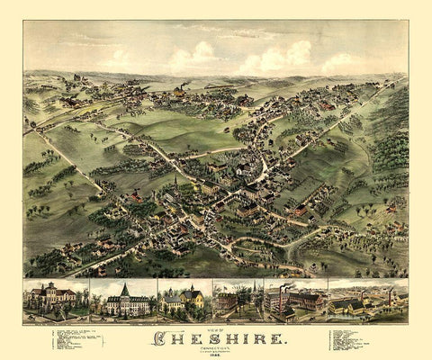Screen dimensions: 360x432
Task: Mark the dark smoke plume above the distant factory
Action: [181, 88]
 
